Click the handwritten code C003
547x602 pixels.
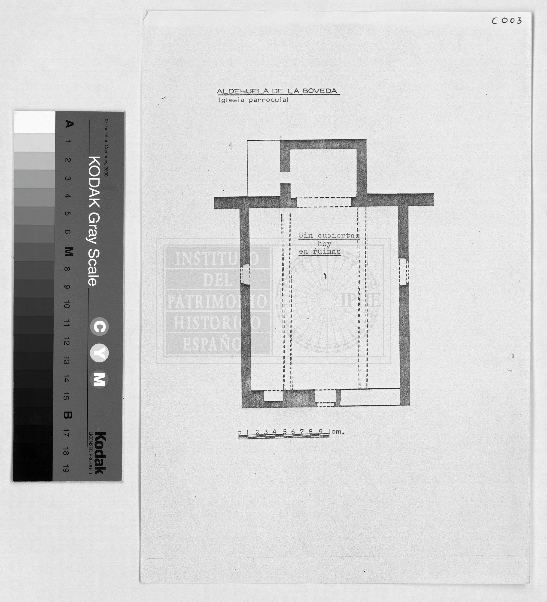click(507, 20)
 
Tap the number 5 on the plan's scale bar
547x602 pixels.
click(285, 431)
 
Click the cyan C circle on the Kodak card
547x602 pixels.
click(100, 327)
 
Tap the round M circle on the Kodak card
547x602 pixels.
click(100, 379)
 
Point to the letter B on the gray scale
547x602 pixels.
click(68, 415)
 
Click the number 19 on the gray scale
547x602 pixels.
click(66, 468)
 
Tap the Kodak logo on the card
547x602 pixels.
click(101, 453)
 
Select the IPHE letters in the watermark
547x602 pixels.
click(361, 300)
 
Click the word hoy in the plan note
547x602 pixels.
click(324, 244)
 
